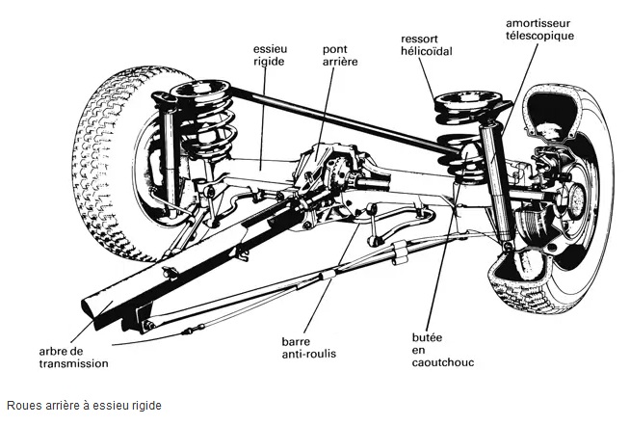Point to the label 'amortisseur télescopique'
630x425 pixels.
tap(539, 29)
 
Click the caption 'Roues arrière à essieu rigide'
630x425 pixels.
tap(84, 407)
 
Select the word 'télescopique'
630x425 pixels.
tap(539, 36)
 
